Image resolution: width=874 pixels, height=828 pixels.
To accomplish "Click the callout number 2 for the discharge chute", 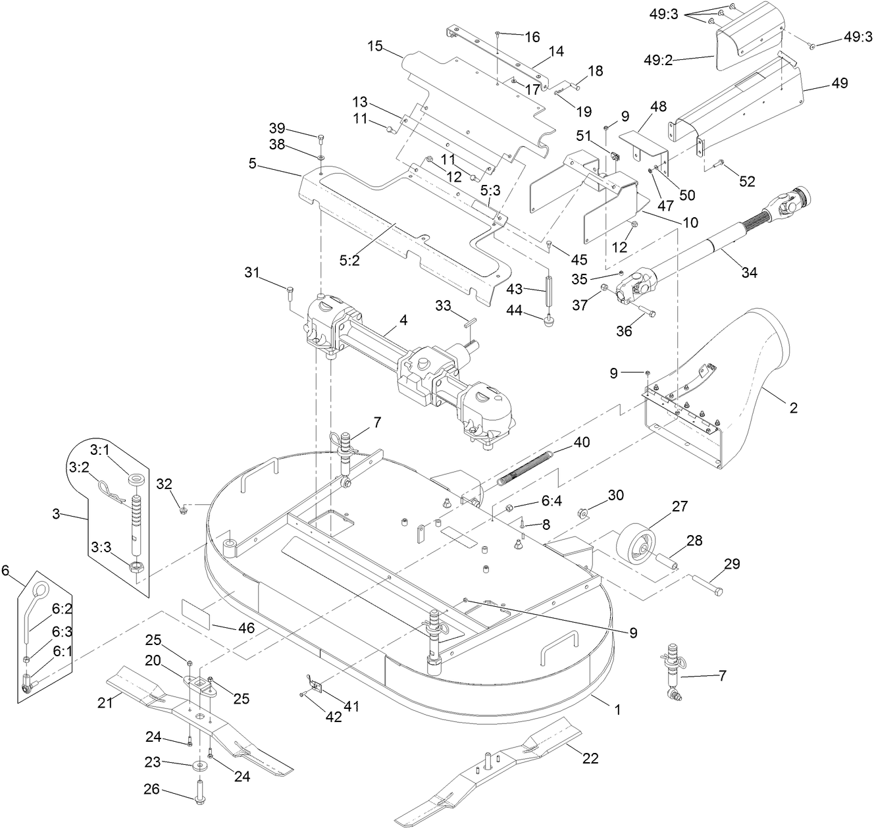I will click(793, 408).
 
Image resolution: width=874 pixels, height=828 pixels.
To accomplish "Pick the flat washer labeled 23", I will click(198, 766).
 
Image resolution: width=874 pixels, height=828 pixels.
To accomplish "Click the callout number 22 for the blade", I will click(590, 758).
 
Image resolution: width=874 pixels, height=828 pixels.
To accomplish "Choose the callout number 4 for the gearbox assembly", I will click(403, 320).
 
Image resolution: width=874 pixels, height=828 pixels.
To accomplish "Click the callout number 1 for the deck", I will click(617, 710).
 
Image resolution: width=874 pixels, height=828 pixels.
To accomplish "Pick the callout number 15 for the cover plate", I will click(375, 46).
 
